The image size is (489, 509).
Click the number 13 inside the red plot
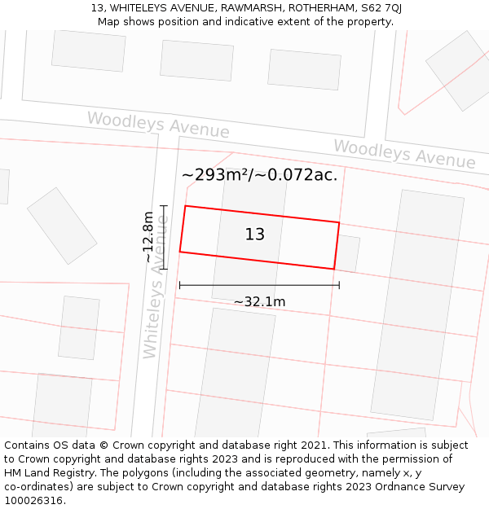(x=254, y=235)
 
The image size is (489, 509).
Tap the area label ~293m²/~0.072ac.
(x=259, y=175)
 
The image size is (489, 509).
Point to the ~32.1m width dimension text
(x=259, y=302)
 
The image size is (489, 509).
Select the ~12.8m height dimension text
(x=148, y=237)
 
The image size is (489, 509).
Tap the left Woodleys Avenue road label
(x=158, y=125)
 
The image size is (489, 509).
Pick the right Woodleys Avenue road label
(x=404, y=154)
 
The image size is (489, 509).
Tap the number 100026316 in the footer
(x=33, y=501)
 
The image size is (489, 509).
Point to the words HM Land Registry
(x=49, y=473)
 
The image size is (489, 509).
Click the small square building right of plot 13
(x=348, y=252)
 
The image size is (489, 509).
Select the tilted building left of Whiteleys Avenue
(x=62, y=226)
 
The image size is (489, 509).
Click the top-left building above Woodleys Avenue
(x=89, y=50)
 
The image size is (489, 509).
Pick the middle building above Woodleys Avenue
(x=197, y=60)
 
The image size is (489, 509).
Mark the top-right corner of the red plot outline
(x=339, y=222)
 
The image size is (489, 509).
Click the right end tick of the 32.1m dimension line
(x=339, y=285)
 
